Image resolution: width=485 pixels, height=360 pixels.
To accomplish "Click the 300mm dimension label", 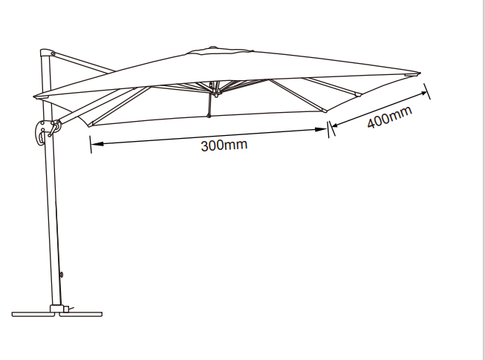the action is [x=224, y=145].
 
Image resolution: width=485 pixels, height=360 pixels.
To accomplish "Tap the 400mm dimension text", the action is [x=390, y=117].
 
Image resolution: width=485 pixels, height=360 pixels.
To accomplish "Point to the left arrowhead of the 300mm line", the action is [x=97, y=143].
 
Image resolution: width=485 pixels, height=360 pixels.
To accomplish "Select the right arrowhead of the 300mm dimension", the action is [x=320, y=129].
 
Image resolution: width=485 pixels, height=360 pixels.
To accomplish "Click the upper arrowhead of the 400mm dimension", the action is [x=422, y=93].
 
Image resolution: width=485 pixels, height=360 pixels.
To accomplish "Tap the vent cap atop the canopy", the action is [x=220, y=50].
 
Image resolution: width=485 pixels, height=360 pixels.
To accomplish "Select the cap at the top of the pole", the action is [x=48, y=53].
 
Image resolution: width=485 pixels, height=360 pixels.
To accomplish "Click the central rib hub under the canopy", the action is [x=215, y=88].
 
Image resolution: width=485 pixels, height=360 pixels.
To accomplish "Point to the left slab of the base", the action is [x=33, y=314].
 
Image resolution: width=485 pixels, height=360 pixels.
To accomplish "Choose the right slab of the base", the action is [x=80, y=314].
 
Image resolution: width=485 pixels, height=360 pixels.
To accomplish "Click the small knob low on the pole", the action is [x=62, y=275].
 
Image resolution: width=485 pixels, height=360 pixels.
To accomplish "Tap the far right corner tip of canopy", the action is [x=420, y=73].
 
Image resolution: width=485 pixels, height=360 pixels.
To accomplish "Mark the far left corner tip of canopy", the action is [x=34, y=96].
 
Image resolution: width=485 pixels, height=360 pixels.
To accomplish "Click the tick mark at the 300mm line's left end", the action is [x=91, y=144].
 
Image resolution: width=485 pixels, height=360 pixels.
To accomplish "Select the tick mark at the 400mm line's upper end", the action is [x=427, y=91].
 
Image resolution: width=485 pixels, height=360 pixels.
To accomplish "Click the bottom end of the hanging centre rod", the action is [x=209, y=116].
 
